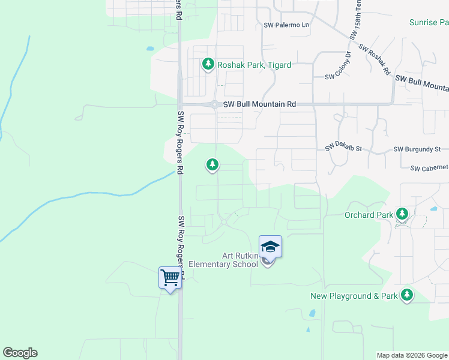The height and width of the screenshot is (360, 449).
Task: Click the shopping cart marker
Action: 170,277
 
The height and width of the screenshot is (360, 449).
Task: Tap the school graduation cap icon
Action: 270,246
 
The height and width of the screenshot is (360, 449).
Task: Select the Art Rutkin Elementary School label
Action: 223,260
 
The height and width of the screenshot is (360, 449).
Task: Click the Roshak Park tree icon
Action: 208,64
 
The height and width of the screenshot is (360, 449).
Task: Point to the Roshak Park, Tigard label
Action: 254,65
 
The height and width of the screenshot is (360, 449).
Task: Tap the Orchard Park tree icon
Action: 402,214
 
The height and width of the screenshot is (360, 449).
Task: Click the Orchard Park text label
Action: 369,214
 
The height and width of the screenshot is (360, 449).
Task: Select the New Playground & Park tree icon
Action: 408,295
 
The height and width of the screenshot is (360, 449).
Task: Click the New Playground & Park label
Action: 354,296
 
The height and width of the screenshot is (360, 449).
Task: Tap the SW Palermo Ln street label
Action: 286,25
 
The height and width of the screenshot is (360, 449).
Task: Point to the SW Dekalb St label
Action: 344,148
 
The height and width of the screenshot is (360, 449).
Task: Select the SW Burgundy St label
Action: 417,149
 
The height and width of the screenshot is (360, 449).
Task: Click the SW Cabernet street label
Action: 429,169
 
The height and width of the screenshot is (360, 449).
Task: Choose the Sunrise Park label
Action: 429,23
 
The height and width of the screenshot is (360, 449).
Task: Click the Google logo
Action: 20,353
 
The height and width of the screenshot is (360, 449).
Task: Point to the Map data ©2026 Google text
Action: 412,355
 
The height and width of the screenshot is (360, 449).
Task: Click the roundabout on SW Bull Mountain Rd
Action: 215,104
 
